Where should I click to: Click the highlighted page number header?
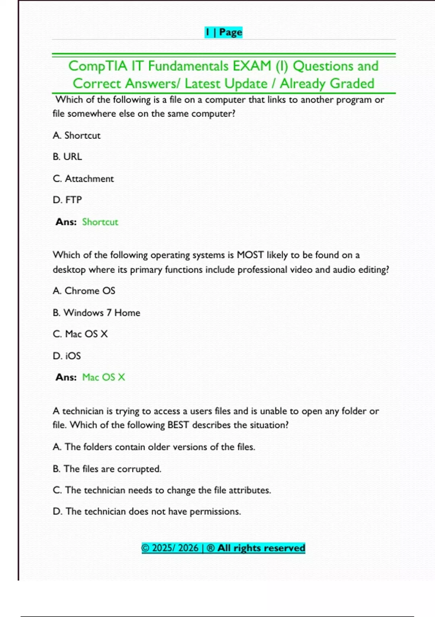click(x=223, y=32)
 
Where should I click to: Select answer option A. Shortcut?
click(x=76, y=135)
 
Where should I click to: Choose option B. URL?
click(x=67, y=156)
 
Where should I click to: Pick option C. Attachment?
click(x=83, y=179)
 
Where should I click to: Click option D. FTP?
click(x=67, y=200)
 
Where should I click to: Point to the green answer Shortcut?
click(x=100, y=222)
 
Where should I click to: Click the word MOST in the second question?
click(x=250, y=255)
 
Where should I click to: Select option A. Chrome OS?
click(x=84, y=291)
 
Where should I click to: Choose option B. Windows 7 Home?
click(x=96, y=312)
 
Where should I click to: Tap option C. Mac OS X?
click(x=80, y=334)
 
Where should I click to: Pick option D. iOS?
click(x=67, y=356)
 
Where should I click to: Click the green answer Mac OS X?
click(x=104, y=377)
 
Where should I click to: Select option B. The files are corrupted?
click(x=107, y=469)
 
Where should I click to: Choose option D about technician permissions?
click(x=147, y=511)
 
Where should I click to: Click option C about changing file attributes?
click(x=162, y=490)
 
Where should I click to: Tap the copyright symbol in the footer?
click(x=145, y=548)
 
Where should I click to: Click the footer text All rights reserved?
click(x=261, y=548)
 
